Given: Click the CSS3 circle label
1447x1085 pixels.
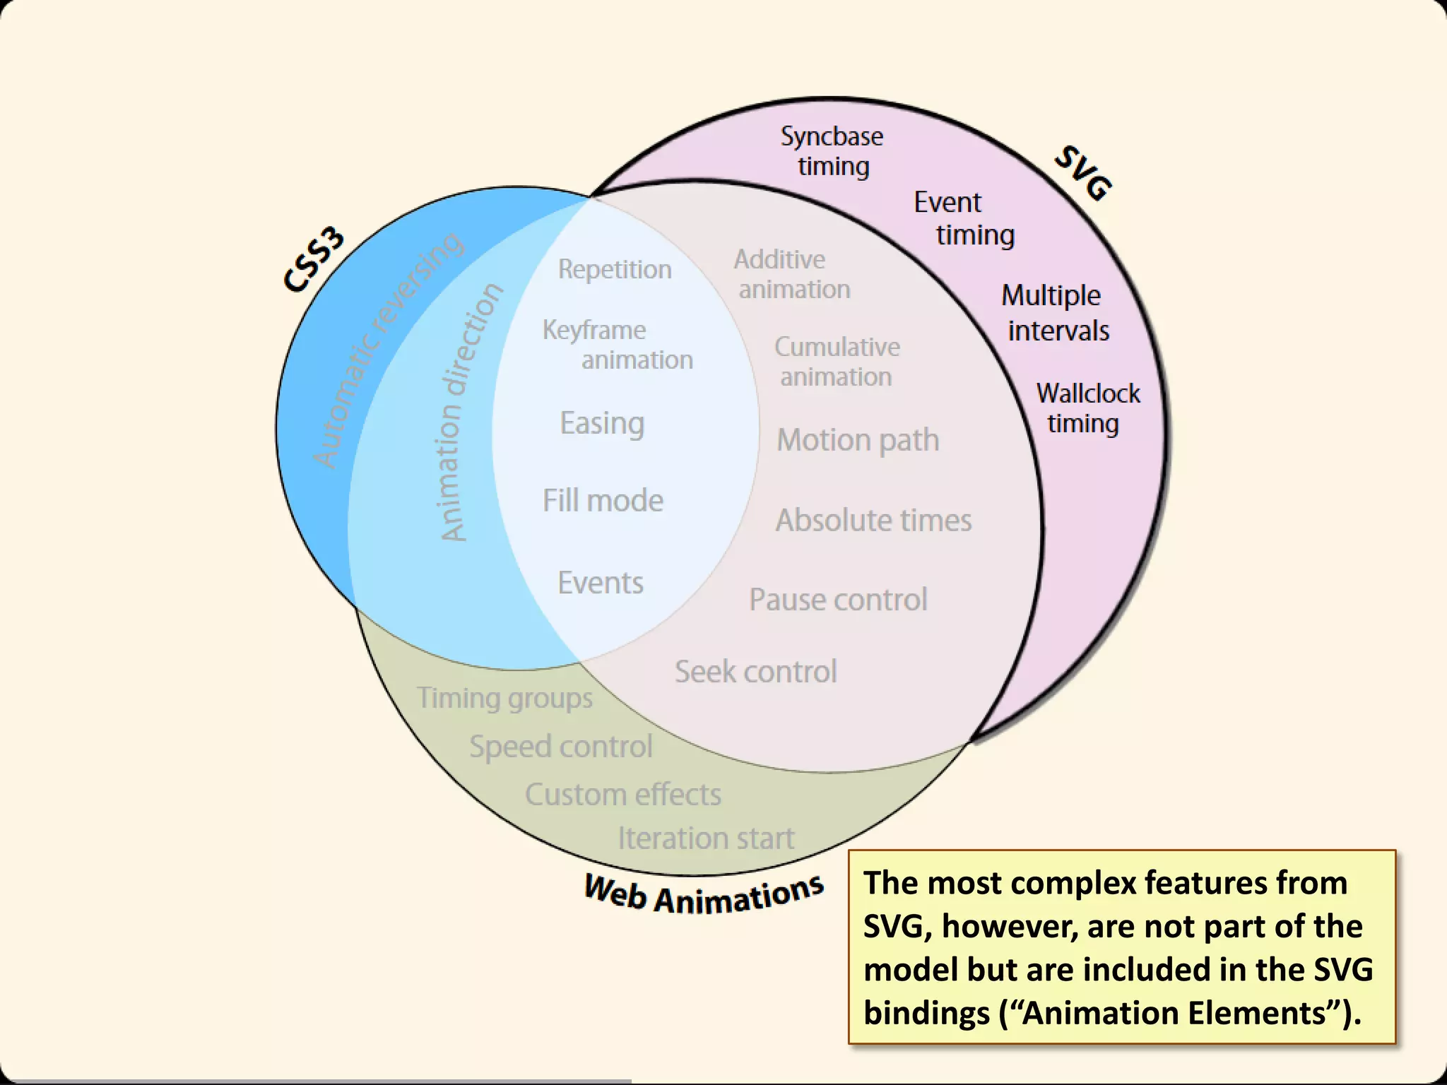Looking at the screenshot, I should coord(314,259).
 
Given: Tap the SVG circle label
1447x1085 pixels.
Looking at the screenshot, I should coord(1083,173).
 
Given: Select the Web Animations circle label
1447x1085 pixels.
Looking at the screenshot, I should coord(704,894).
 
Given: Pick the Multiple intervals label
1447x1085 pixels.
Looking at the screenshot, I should coord(1054,313).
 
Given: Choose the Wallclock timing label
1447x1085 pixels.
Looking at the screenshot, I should coord(1087,408).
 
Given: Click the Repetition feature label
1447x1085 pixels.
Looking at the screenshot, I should coord(615,269).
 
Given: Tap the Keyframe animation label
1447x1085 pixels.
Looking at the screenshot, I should coord(617,345).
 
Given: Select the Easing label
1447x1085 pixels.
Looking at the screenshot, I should coord(602,423).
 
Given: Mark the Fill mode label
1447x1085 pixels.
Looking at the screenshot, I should coord(603,500).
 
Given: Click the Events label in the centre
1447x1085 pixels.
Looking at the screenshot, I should coord(601,583).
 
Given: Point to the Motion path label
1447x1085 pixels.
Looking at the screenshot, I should coord(858,440).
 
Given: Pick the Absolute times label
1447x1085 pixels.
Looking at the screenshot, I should coord(873,520).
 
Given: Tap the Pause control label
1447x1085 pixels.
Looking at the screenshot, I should coord(838,600).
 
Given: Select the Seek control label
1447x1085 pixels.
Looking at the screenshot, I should coord(755,671).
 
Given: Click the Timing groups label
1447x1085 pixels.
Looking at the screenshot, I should coord(504,698).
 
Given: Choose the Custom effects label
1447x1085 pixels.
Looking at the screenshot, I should coord(622,795).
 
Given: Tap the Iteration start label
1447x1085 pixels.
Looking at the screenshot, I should coord(706,838).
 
